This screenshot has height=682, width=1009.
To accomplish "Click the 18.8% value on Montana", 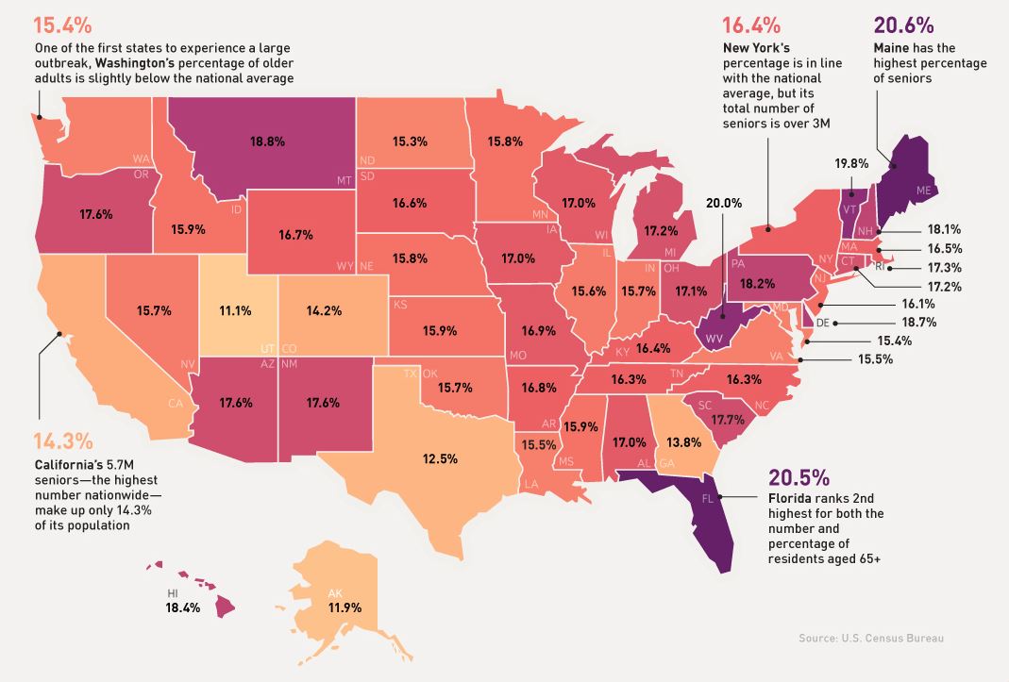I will click(x=267, y=141).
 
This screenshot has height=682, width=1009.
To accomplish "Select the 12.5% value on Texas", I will click(x=440, y=458).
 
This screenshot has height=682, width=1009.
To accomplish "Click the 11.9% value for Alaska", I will click(x=346, y=607).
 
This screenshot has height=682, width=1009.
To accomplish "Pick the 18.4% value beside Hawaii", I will click(x=183, y=607).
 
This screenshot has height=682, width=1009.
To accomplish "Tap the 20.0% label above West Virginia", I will click(x=724, y=202).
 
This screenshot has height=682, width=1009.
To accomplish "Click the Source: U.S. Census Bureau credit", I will click(x=871, y=639).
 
